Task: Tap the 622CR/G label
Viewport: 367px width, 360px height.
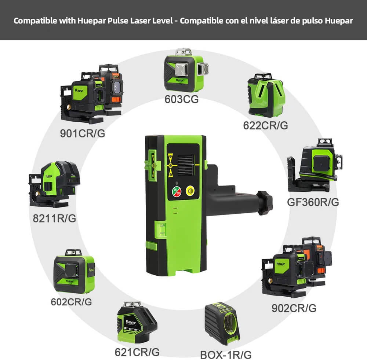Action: click(265, 125)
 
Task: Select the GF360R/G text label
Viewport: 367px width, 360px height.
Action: click(313, 202)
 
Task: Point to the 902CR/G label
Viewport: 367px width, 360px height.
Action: click(294, 308)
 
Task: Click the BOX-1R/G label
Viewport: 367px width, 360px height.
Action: click(226, 355)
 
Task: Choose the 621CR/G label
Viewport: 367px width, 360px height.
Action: click(137, 352)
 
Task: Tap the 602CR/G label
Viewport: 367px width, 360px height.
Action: click(71, 302)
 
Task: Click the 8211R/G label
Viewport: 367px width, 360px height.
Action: click(54, 218)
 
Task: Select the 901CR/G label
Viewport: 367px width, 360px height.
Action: click(83, 133)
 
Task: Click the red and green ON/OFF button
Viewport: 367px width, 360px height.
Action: click(177, 191)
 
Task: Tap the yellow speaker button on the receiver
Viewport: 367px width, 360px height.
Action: click(190, 191)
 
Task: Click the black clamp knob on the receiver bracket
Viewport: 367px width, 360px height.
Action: click(264, 202)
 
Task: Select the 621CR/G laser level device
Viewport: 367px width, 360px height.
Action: click(136, 323)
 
